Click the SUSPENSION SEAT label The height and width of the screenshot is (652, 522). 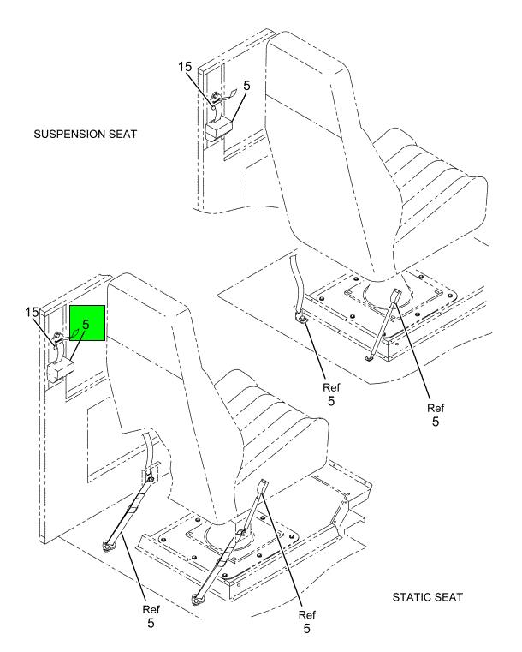tap(85, 135)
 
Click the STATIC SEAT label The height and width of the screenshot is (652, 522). tap(427, 597)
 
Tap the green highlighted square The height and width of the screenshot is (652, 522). tap(87, 323)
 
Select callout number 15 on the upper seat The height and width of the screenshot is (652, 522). tap(185, 67)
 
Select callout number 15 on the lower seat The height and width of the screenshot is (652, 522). tap(32, 312)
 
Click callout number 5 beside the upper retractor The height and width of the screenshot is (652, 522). tap(246, 86)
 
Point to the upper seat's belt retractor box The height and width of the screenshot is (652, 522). tap(219, 128)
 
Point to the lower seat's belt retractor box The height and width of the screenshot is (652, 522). tap(61, 370)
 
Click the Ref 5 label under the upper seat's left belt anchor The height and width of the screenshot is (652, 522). tap(331, 394)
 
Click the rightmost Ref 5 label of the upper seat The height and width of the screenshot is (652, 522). tap(436, 415)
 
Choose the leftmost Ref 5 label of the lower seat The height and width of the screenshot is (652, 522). tap(151, 616)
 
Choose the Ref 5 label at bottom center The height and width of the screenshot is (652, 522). tap(307, 622)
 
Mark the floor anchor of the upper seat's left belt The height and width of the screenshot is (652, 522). tap(301, 319)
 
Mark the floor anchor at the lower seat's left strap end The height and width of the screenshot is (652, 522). tap(109, 546)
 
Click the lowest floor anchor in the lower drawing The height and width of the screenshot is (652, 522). tap(197, 599)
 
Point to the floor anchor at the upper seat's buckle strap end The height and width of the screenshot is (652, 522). tap(369, 358)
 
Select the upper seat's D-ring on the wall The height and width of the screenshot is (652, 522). tap(216, 99)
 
